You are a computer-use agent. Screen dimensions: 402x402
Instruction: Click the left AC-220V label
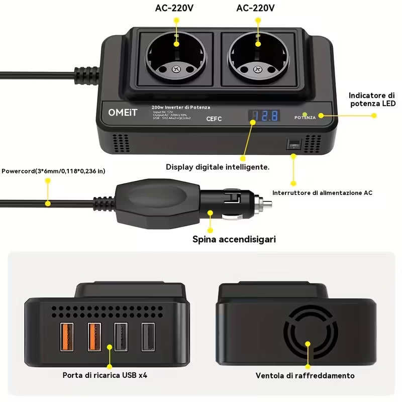[x=175, y=8]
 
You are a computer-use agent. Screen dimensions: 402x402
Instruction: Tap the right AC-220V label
[x=256, y=8]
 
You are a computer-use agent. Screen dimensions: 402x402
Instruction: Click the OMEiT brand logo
[x=122, y=113]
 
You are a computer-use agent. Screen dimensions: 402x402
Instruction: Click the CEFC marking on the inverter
[x=215, y=120]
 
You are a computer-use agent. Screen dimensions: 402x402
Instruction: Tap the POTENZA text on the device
[x=306, y=117]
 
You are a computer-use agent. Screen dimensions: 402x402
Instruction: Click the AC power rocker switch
[x=293, y=145]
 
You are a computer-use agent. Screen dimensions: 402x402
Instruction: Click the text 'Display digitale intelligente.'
[x=218, y=167]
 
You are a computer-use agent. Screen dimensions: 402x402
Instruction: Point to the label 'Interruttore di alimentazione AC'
[x=322, y=192]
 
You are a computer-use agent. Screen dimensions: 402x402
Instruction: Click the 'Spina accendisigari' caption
[x=234, y=239]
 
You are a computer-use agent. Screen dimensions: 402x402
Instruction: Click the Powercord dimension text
[x=53, y=171]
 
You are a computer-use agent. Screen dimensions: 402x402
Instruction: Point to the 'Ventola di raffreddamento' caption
[x=305, y=375]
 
